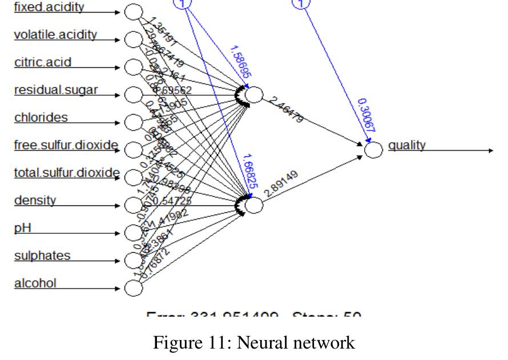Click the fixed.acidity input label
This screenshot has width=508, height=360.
pyautogui.click(x=49, y=7)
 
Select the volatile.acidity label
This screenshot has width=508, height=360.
pyautogui.click(x=55, y=35)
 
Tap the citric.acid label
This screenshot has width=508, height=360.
pyautogui.click(x=43, y=62)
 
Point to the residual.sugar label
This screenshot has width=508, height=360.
pyautogui.click(x=56, y=90)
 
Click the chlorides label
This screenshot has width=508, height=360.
pyautogui.click(x=41, y=118)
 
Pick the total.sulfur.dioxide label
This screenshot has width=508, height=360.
pyautogui.click(x=67, y=172)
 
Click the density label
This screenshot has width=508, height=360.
pyautogui.click(x=35, y=200)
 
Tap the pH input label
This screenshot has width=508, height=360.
pyautogui.click(x=22, y=228)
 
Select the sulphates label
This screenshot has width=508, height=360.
pyautogui.click(x=42, y=255)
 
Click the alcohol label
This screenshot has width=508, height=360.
pyautogui.click(x=35, y=283)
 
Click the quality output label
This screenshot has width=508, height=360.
pyautogui.click(x=407, y=145)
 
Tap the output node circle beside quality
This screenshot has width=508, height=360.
pyautogui.click(x=373, y=150)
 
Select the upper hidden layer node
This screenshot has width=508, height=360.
pyautogui.click(x=255, y=95)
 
